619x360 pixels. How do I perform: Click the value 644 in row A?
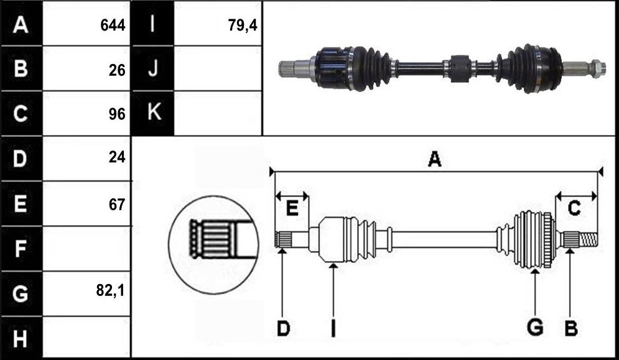coord(113,25)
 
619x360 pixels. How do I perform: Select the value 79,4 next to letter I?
coord(243,25)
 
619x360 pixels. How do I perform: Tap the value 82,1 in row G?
coord(110,291)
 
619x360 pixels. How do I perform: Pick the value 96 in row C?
coord(117,114)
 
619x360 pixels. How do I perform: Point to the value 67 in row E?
coord(117,205)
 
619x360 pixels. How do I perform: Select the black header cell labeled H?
coord(21,338)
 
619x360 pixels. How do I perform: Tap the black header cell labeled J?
coord(153,68)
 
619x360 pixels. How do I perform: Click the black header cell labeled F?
coord(21,249)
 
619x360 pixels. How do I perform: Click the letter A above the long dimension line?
coord(435,159)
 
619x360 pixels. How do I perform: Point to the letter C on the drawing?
coord(574,208)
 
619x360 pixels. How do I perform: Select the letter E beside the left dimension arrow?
coord(292,208)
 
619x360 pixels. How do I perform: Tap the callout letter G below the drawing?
coord(535,327)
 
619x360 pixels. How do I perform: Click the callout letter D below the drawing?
coord(283,328)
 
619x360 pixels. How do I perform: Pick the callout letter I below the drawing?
coord(333,328)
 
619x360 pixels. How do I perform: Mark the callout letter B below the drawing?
coord(571,328)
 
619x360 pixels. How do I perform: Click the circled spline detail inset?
coord(214,245)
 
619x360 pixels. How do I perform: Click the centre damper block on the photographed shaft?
coord(460,68)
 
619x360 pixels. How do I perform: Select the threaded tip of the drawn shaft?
coord(589,239)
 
